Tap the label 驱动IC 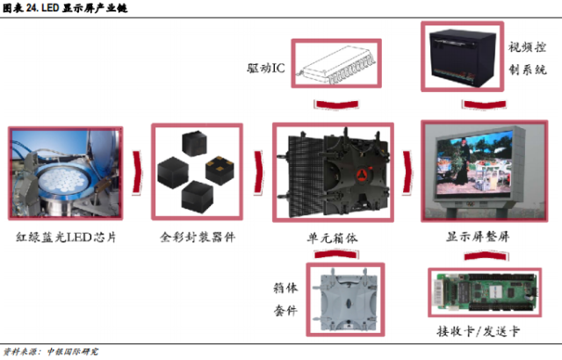pos(265,68)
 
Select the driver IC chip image pos(337,67)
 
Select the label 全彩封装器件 pos(197,237)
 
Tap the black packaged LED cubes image pos(197,170)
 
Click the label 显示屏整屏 pos(475,237)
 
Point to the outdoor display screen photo pos(474,170)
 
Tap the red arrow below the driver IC pos(336,105)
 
